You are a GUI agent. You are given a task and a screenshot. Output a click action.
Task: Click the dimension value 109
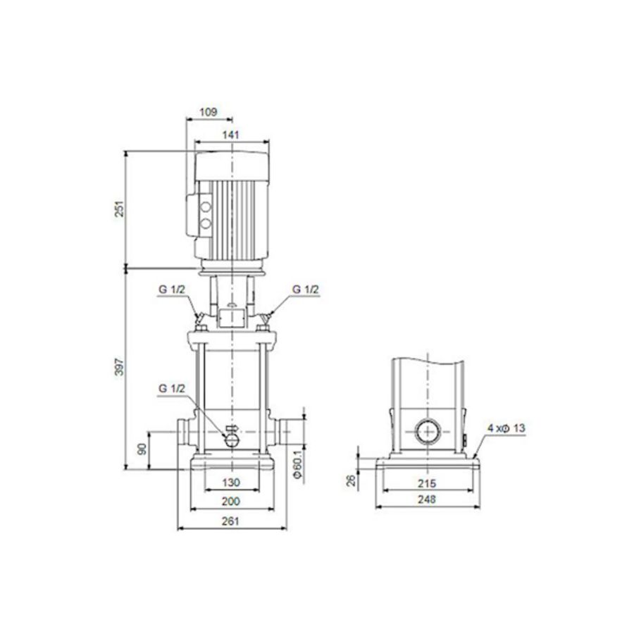coord(209,111)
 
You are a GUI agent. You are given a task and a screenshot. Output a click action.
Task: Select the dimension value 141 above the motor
coord(230,135)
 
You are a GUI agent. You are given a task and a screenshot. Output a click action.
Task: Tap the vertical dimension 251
coord(119,209)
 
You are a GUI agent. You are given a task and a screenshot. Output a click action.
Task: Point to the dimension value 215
coord(427,483)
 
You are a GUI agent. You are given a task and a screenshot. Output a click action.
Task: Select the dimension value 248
coord(427,499)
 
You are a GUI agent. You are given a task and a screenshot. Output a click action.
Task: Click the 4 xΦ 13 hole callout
coord(506,428)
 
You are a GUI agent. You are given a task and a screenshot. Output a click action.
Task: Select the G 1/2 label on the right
coord(305,290)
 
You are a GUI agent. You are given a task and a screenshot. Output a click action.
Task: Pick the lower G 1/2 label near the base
coord(172,388)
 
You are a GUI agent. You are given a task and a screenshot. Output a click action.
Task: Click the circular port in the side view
coord(427,431)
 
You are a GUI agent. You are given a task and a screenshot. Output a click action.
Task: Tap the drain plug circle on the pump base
coord(232,438)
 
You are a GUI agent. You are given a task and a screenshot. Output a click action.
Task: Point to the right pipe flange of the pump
coord(285,430)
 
